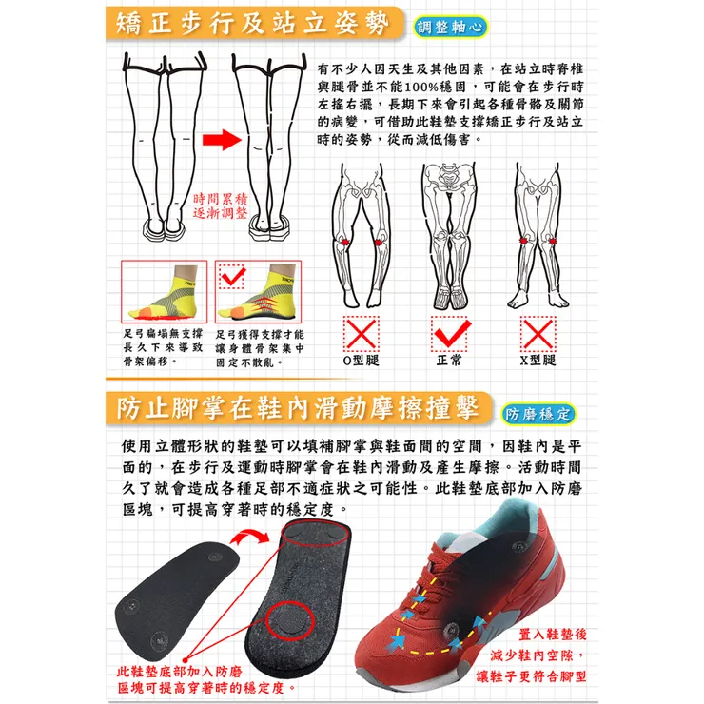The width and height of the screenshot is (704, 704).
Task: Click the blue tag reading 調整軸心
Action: [452, 26]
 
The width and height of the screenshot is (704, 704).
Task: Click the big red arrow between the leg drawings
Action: [220, 141]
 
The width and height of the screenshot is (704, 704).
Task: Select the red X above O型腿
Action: [361, 334]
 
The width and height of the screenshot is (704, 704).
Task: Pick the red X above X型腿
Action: [538, 334]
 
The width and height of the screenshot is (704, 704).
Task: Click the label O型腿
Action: [361, 362]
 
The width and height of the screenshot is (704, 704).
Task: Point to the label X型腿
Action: [538, 362]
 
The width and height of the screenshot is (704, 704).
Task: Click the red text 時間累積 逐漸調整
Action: [220, 206]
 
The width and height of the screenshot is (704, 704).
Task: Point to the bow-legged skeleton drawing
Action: [361, 238]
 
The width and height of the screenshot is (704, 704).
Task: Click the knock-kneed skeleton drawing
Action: [538, 238]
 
